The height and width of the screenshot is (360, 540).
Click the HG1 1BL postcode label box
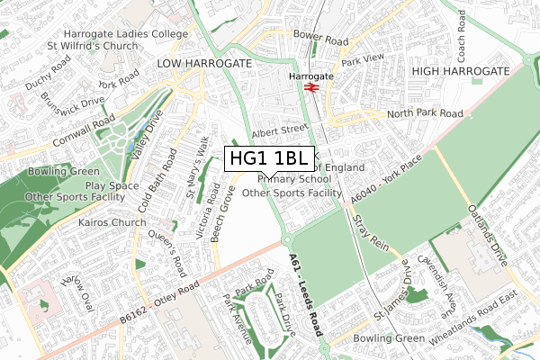[269, 159]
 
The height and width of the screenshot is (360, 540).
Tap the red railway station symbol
[308, 88]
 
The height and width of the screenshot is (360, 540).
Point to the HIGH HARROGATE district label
[460, 70]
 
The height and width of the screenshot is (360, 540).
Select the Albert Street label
[280, 131]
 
